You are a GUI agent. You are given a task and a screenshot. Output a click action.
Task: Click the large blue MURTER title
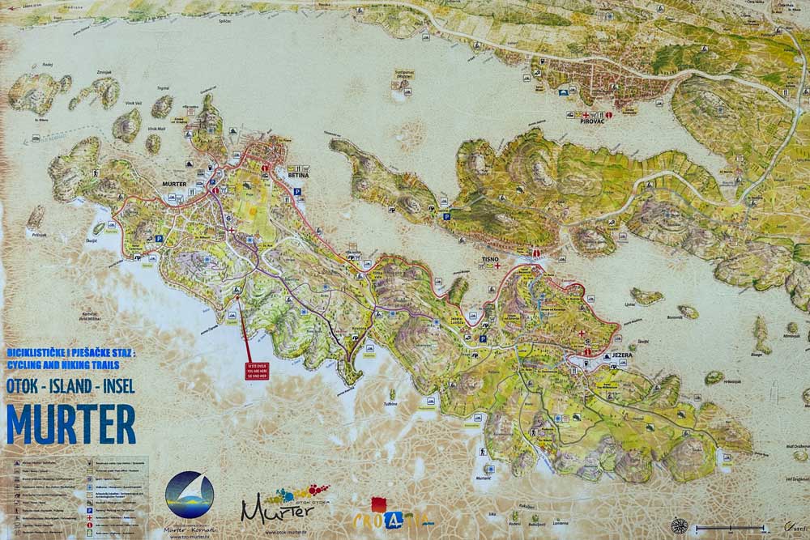tap(71, 423)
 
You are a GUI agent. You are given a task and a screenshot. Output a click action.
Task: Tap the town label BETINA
tap(297, 174)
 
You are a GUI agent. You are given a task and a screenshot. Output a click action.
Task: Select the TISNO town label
tap(489, 260)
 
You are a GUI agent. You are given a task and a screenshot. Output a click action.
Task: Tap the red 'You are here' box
tap(255, 370)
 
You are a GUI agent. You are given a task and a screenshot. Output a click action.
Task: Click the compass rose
tap(679, 525)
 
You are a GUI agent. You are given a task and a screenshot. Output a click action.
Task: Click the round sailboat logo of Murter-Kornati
tap(190, 495)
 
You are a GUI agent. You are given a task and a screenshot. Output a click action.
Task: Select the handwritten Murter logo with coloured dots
tap(279, 504)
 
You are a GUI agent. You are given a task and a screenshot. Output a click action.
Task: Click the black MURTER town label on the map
tap(174, 184)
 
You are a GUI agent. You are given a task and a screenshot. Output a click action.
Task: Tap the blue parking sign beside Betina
tap(297, 192)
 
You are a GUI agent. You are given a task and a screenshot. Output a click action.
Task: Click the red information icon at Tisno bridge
tap(535, 252)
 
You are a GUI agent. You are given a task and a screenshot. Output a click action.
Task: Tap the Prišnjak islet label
tap(37, 235)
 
